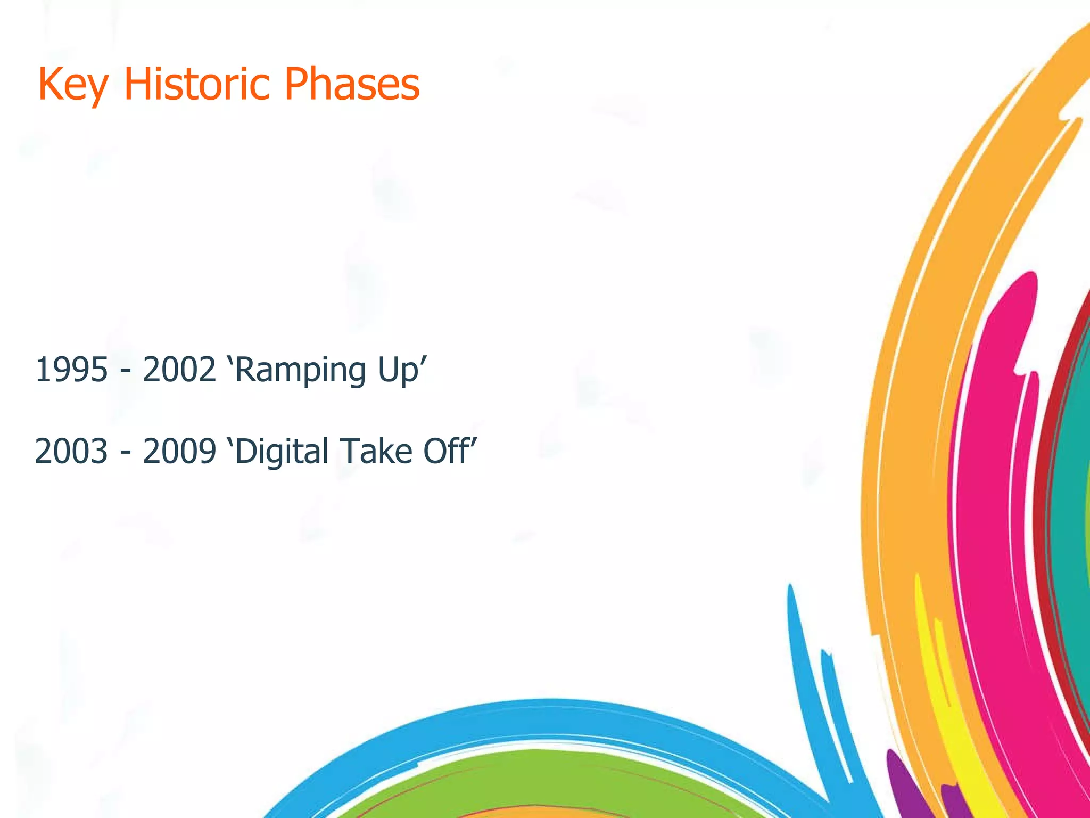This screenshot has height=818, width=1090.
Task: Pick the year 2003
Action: tap(71, 451)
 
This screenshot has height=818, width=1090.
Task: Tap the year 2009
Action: tap(179, 451)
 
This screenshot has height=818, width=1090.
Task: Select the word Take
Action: tap(377, 451)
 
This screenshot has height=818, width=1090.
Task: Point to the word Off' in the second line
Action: tap(450, 451)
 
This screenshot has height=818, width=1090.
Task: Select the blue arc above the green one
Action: tap(554, 716)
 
